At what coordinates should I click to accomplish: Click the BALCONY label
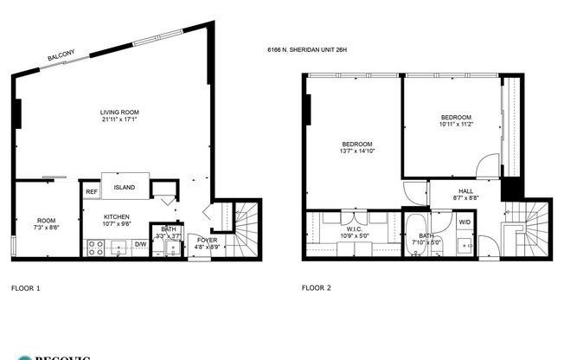[61, 56]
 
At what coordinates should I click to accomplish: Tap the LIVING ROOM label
[119, 112]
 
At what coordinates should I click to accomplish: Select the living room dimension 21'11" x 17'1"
[119, 119]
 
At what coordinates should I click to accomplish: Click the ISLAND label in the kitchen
[125, 187]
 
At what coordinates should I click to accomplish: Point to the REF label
[91, 192]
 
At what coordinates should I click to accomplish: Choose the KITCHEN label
[117, 216]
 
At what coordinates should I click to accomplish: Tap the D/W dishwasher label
[140, 245]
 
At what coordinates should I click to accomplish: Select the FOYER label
[207, 239]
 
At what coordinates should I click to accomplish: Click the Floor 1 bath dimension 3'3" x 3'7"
[168, 235]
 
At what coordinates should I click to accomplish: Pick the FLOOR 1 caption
[26, 287]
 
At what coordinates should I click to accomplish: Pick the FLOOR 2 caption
[317, 287]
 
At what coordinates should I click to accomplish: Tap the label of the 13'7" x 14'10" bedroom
[356, 144]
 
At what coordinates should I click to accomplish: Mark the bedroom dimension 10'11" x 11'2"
[456, 125]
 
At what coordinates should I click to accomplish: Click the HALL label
[465, 190]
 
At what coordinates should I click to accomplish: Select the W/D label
[465, 222]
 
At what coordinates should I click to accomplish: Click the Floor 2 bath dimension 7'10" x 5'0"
[426, 243]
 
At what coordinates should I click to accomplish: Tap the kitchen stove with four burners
[96, 248]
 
